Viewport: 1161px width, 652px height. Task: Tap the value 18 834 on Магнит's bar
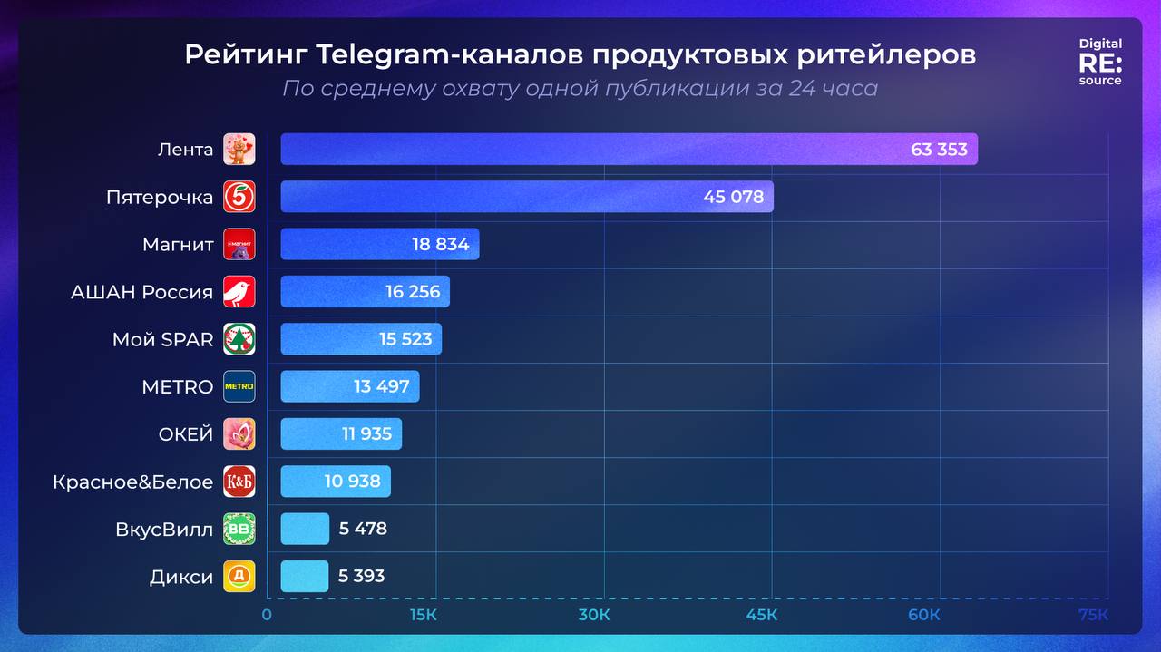(x=440, y=244)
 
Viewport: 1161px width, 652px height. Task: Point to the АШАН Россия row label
(x=141, y=292)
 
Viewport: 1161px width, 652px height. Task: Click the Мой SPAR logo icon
(x=239, y=339)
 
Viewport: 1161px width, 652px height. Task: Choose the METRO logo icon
(x=239, y=386)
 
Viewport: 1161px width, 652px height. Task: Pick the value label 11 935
(x=366, y=433)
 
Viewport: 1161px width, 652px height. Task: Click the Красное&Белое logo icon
(x=239, y=482)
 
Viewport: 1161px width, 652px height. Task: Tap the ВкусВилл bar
(x=305, y=529)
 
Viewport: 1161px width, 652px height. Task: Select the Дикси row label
(x=181, y=577)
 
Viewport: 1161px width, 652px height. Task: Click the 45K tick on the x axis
(x=761, y=616)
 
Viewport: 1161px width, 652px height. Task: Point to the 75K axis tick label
(x=1093, y=616)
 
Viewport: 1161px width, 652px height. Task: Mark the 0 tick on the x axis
(x=267, y=616)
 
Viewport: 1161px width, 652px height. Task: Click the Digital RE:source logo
(x=1099, y=62)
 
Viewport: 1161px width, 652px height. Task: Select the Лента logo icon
(x=239, y=150)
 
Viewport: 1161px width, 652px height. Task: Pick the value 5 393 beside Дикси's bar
(x=361, y=576)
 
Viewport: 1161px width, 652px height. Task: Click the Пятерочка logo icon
(x=239, y=197)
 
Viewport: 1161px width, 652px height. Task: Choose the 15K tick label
(x=424, y=616)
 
